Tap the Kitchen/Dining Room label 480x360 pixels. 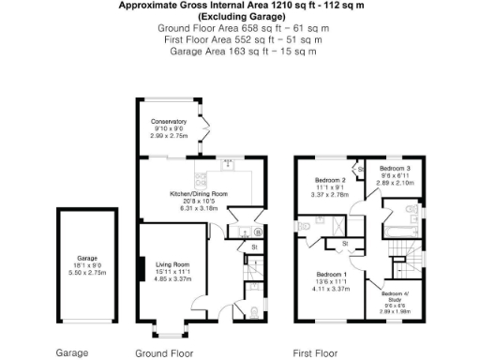(198, 194)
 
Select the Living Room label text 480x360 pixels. (172, 264)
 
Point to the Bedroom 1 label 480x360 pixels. (332, 275)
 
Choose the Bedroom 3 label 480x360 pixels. (395, 168)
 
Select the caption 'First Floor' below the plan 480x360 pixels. (315, 353)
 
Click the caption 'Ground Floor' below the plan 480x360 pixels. (164, 353)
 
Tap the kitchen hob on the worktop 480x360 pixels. (227, 165)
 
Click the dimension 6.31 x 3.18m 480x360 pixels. (198, 209)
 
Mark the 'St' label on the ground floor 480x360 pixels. (253, 247)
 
